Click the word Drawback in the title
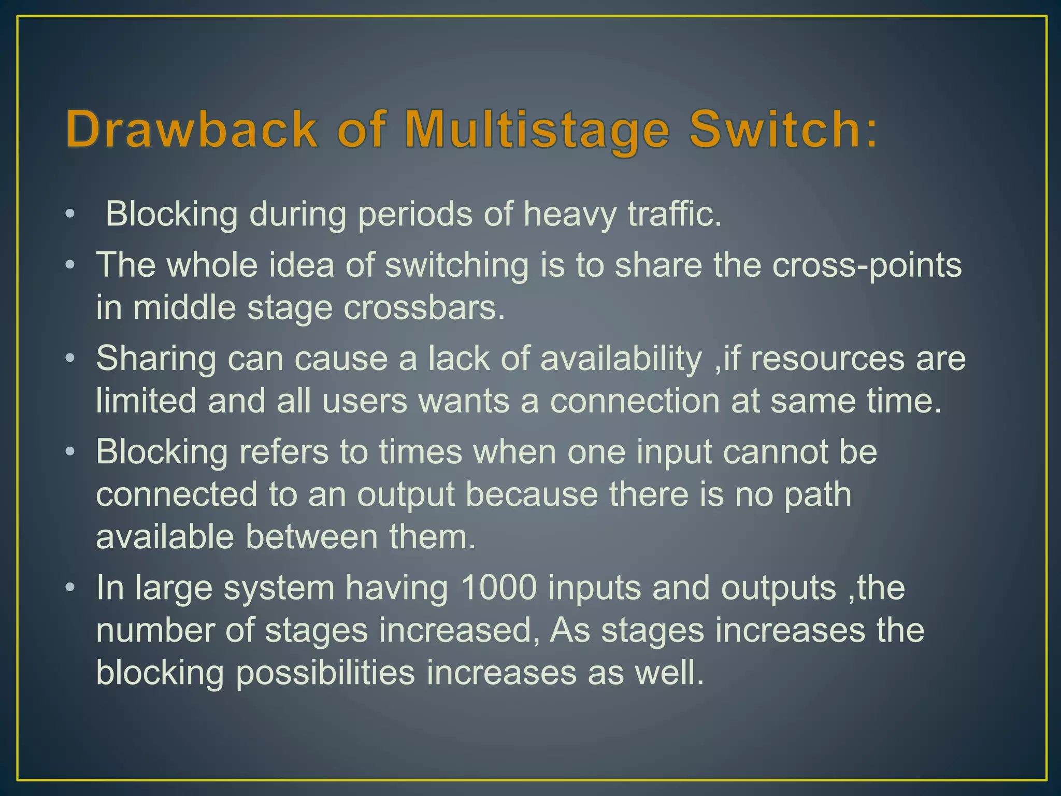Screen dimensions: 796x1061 (191, 129)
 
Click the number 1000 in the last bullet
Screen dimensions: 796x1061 (498, 588)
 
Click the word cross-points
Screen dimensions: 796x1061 (867, 265)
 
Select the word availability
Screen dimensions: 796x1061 (621, 359)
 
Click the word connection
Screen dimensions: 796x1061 (634, 401)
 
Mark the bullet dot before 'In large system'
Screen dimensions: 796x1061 (70, 588)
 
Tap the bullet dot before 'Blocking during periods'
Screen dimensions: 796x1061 (70, 214)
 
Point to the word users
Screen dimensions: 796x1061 (365, 401)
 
